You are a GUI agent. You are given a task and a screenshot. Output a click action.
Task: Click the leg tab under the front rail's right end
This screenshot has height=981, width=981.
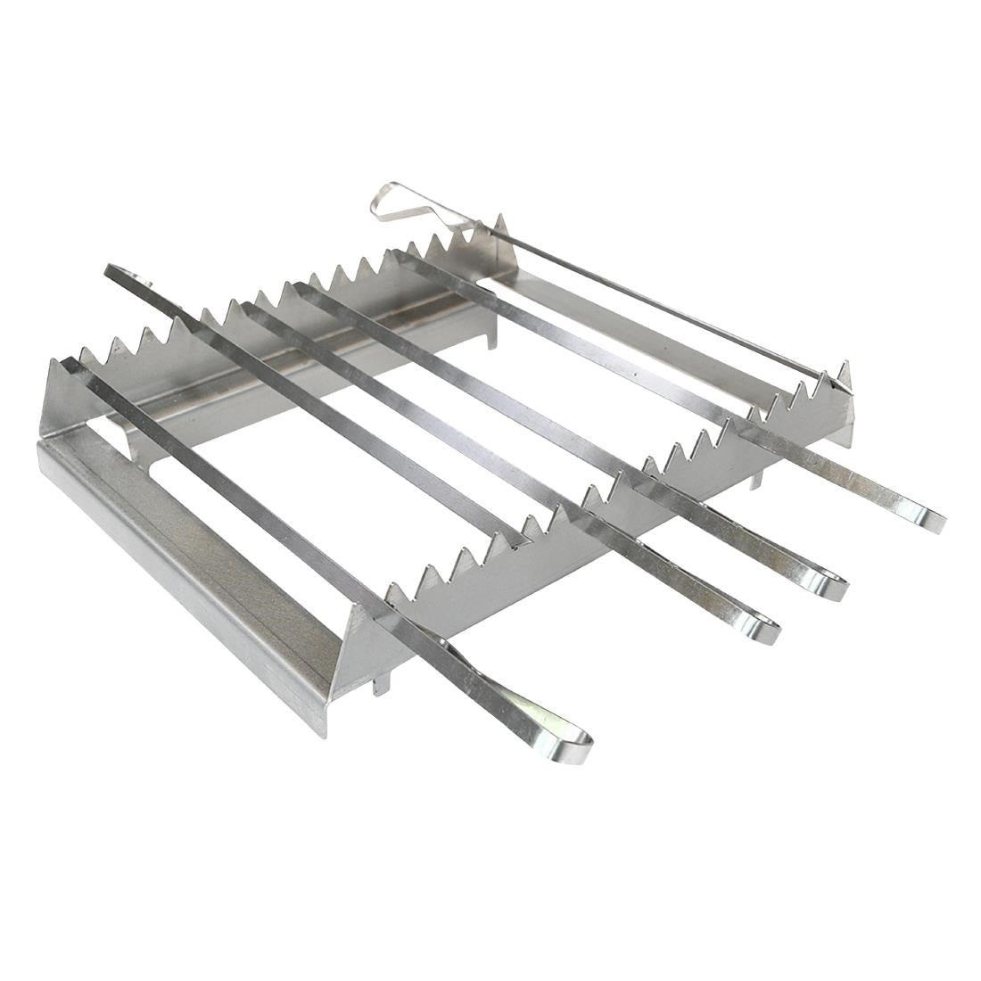tap(757, 482)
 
